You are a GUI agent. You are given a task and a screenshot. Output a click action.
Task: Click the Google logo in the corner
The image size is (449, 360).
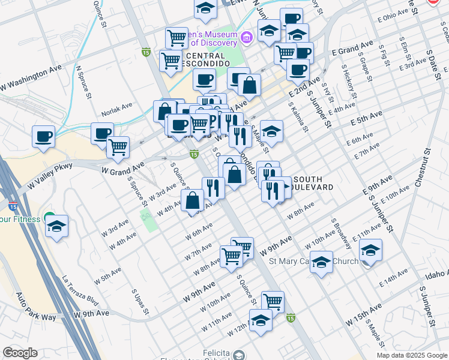click(19, 353)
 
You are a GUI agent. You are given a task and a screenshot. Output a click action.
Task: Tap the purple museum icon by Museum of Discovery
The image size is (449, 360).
click(246, 38)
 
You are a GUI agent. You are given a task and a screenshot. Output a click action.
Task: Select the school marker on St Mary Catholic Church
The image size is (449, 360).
click(322, 262)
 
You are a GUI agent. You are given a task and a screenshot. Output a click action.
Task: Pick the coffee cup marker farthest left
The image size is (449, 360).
click(43, 135)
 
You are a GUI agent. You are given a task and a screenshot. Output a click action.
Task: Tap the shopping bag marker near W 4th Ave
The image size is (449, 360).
click(193, 200)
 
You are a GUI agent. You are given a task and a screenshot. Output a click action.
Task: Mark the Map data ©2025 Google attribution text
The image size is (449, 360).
click(411, 355)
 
